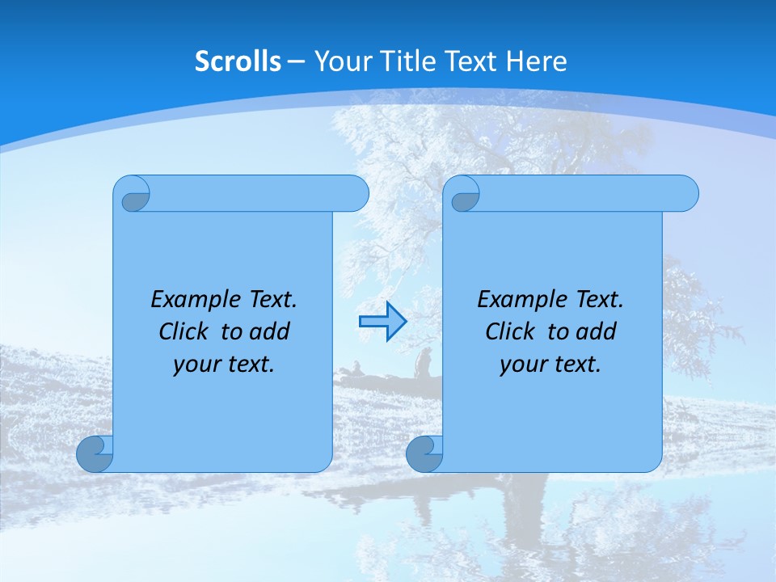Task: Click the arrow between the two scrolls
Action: click(x=382, y=321)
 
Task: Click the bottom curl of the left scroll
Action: click(x=94, y=454)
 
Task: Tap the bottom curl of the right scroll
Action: click(x=424, y=454)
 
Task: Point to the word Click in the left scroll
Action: click(x=186, y=332)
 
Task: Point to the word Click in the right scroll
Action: click(x=512, y=332)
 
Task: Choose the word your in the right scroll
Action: click(x=522, y=365)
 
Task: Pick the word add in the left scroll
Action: click(x=270, y=332)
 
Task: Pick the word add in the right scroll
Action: click(x=597, y=332)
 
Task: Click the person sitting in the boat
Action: click(x=422, y=363)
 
